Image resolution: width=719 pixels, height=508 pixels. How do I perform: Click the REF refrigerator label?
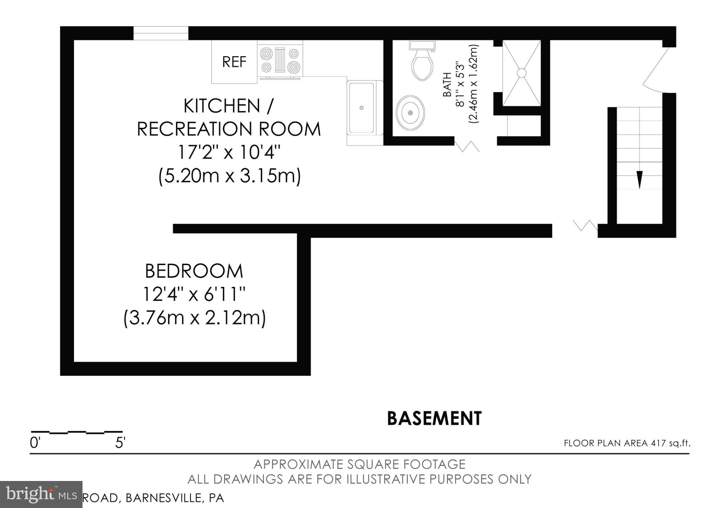(x=234, y=62)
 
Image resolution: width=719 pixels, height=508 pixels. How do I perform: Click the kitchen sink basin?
(x=361, y=108)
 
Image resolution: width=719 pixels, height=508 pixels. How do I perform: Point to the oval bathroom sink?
(x=410, y=113)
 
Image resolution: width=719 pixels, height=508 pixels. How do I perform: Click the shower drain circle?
(x=522, y=73)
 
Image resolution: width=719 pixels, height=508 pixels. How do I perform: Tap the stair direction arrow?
(x=639, y=179)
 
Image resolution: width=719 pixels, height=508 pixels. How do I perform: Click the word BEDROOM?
(x=194, y=271)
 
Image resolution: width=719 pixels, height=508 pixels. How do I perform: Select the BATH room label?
(x=447, y=84)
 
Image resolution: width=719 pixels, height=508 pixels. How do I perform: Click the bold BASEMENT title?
(x=434, y=418)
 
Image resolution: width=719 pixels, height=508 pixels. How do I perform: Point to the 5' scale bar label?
(x=120, y=443)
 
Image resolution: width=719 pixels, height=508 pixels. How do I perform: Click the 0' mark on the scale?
(x=35, y=443)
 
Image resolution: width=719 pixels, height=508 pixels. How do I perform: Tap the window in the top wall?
(x=161, y=33)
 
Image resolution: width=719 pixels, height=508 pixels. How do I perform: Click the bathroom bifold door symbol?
(x=467, y=146)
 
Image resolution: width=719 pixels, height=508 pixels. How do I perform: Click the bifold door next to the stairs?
(x=585, y=225)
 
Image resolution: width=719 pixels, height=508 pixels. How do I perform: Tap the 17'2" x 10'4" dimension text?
(x=229, y=152)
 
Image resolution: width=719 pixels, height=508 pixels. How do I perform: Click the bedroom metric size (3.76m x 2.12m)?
(x=194, y=318)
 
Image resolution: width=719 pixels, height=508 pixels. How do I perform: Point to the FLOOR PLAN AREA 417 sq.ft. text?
(x=627, y=443)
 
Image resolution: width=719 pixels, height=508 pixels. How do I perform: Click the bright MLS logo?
(x=41, y=494)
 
